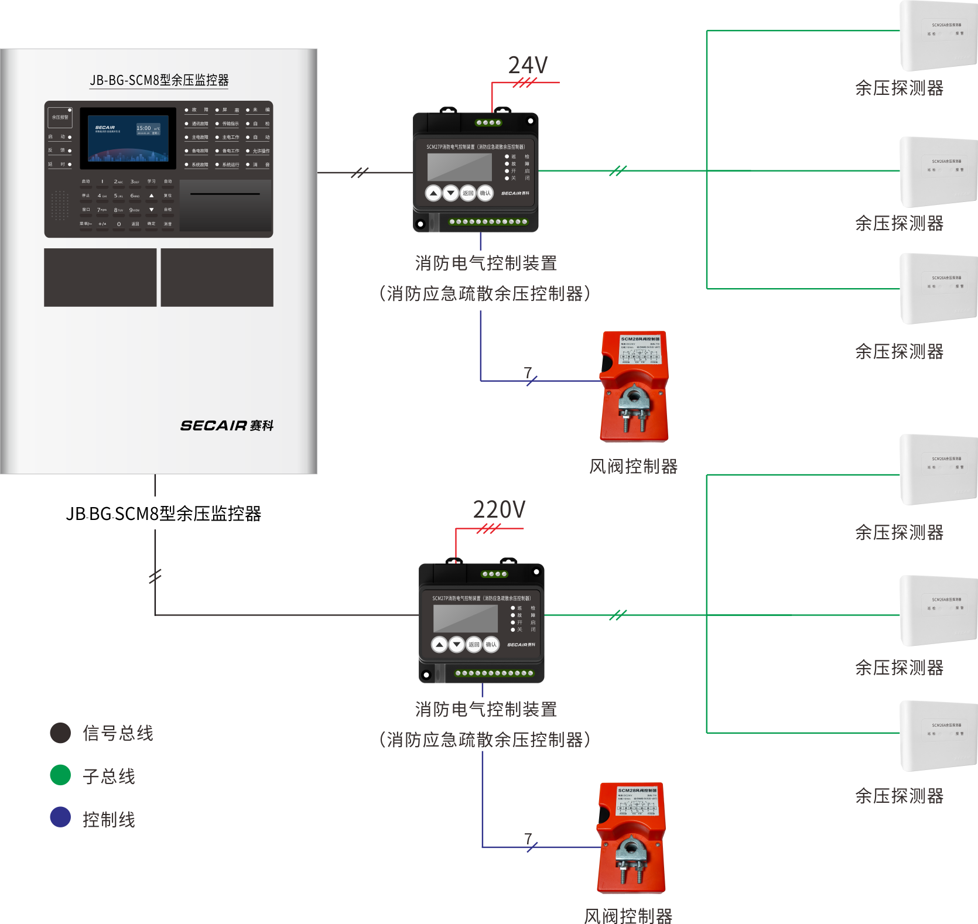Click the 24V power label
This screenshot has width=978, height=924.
(x=528, y=66)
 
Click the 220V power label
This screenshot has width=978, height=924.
(x=499, y=510)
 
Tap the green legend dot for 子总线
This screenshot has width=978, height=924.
(x=60, y=775)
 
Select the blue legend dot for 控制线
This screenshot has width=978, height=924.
(x=60, y=817)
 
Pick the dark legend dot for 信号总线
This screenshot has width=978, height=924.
(x=60, y=733)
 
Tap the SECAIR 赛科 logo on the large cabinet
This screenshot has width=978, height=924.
(x=227, y=426)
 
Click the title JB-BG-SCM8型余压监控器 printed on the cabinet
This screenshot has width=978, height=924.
(x=159, y=80)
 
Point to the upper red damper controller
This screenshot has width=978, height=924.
(x=634, y=387)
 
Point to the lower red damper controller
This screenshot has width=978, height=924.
(x=631, y=838)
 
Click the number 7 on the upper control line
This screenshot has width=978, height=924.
(x=528, y=372)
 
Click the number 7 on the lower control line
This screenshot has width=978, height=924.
(x=528, y=839)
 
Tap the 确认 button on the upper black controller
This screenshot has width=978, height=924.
(x=485, y=193)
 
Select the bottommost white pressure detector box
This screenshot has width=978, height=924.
(x=938, y=735)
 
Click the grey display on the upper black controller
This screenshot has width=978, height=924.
(x=459, y=167)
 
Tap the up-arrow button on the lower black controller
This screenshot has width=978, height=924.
(x=439, y=645)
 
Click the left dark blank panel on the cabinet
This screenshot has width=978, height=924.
(x=100, y=278)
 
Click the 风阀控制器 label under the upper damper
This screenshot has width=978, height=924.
(x=633, y=467)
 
